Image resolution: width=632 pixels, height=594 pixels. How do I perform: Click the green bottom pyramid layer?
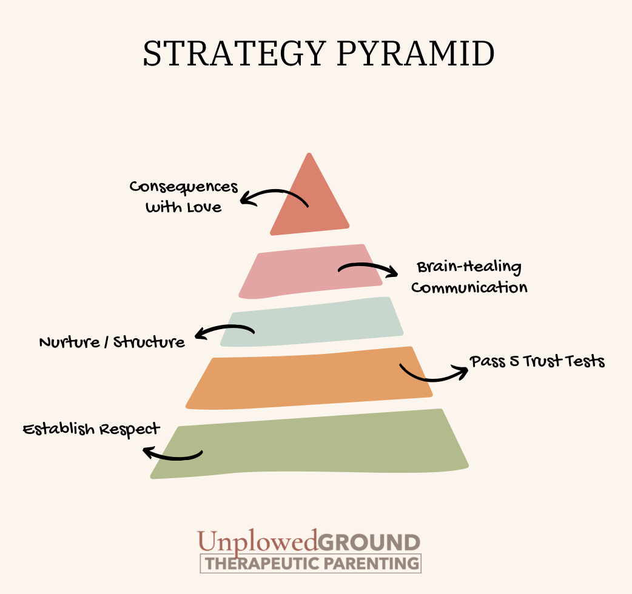click(309, 446)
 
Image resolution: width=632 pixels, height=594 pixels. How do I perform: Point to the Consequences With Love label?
click(184, 197)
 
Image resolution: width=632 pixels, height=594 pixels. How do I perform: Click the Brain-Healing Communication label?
click(469, 277)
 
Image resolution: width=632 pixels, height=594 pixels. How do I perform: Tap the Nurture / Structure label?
click(112, 342)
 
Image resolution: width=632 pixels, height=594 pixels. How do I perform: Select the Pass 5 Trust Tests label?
click(537, 362)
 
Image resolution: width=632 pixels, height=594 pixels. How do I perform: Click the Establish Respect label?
click(92, 429)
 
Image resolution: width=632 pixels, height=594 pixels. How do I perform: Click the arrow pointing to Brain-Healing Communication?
click(368, 269)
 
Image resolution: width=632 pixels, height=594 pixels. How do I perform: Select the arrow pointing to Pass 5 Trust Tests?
click(433, 373)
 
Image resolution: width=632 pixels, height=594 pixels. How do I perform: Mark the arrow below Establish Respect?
click(172, 454)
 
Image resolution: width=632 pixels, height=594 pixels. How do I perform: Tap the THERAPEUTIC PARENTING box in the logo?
click(311, 563)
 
